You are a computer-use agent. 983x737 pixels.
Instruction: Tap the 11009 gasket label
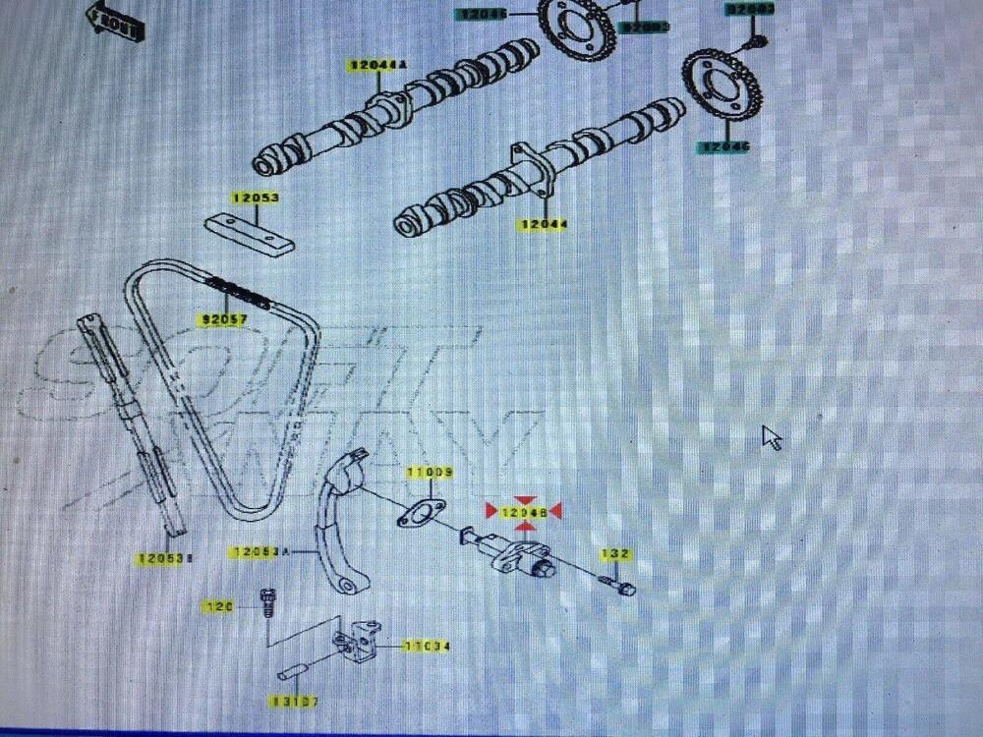(x=431, y=474)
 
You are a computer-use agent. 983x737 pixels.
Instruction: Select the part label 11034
(x=427, y=647)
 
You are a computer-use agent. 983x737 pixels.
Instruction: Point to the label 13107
(x=295, y=703)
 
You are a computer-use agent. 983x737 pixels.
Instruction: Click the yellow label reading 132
(x=614, y=555)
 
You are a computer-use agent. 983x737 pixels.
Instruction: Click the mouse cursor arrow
(x=772, y=437)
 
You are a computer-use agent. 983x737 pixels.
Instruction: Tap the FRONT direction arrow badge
(x=114, y=19)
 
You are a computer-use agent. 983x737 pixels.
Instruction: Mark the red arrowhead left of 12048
(x=491, y=512)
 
